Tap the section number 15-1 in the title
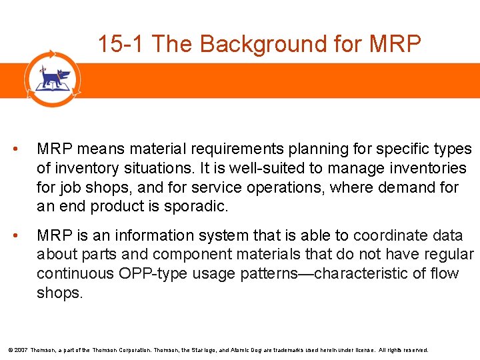121,44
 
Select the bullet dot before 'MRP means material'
24,149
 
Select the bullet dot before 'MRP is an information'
24,236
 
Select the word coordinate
387,236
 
